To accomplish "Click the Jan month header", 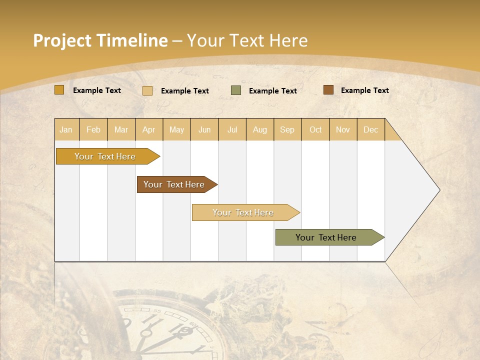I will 66,130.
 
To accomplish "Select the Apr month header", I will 148,130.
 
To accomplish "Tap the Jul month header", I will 232,130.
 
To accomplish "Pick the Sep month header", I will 287,130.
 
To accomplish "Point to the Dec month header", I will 370,130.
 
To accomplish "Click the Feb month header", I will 93,130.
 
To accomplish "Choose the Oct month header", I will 315,130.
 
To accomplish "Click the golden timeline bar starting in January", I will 105,156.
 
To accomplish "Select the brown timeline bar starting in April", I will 174,184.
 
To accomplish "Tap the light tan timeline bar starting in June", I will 243,212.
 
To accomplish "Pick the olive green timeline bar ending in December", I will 326,237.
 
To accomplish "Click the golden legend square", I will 59,90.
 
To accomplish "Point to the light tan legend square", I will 147,90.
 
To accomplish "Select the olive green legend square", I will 236,90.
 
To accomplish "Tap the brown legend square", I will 328,90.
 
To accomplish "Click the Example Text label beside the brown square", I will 365,90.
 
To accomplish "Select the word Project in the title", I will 62,40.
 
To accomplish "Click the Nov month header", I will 343,130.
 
